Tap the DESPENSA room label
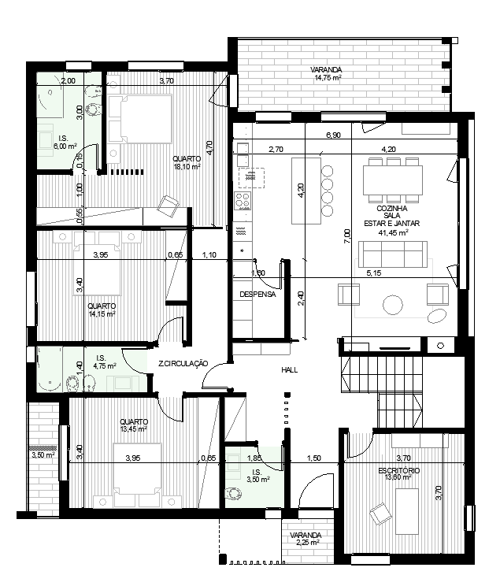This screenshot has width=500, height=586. click(257, 295)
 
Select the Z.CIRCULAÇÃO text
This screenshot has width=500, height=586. click(182, 364)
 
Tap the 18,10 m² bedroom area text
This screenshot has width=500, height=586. click(187, 166)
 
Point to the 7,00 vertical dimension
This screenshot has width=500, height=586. click(346, 234)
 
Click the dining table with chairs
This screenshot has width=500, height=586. click(393, 180)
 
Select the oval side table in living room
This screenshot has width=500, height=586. click(435, 315)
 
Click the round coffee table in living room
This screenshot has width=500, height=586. click(393, 303)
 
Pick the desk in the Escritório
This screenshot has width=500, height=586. click(407, 511)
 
